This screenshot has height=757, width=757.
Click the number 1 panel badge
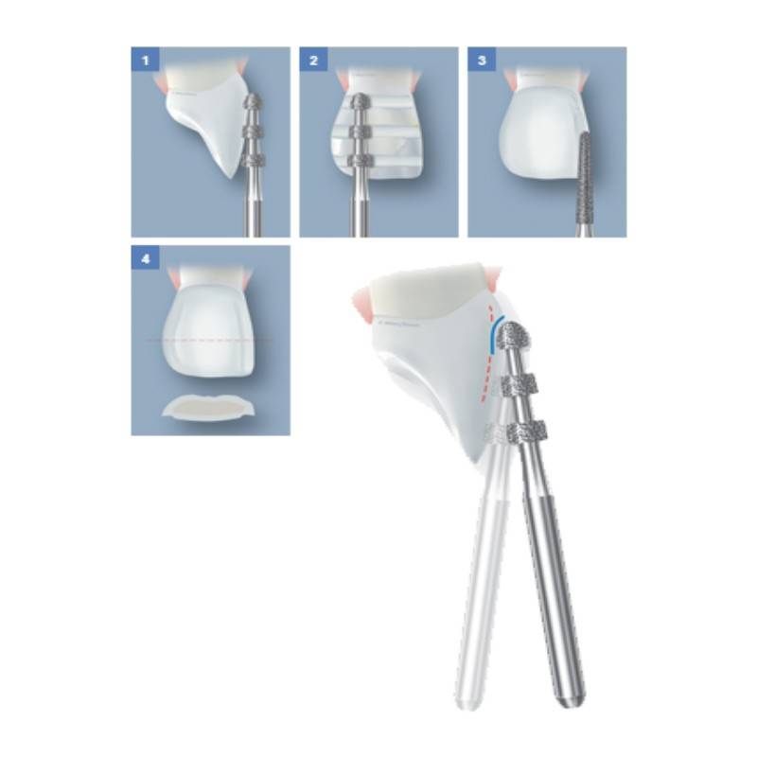tap(145, 61)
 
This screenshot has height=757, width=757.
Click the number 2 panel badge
tap(313, 61)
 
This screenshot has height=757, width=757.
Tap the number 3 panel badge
tap(482, 61)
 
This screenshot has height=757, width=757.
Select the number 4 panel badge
tap(145, 259)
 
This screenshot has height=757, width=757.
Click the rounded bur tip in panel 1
tap(254, 102)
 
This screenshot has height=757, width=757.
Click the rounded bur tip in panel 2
tap(358, 102)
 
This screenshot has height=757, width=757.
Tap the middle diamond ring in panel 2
tap(359, 132)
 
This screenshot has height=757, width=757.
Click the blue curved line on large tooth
tap(493, 333)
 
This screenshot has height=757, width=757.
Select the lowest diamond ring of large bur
tap(528, 430)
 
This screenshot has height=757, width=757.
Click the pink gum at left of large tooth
tap(364, 305)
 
